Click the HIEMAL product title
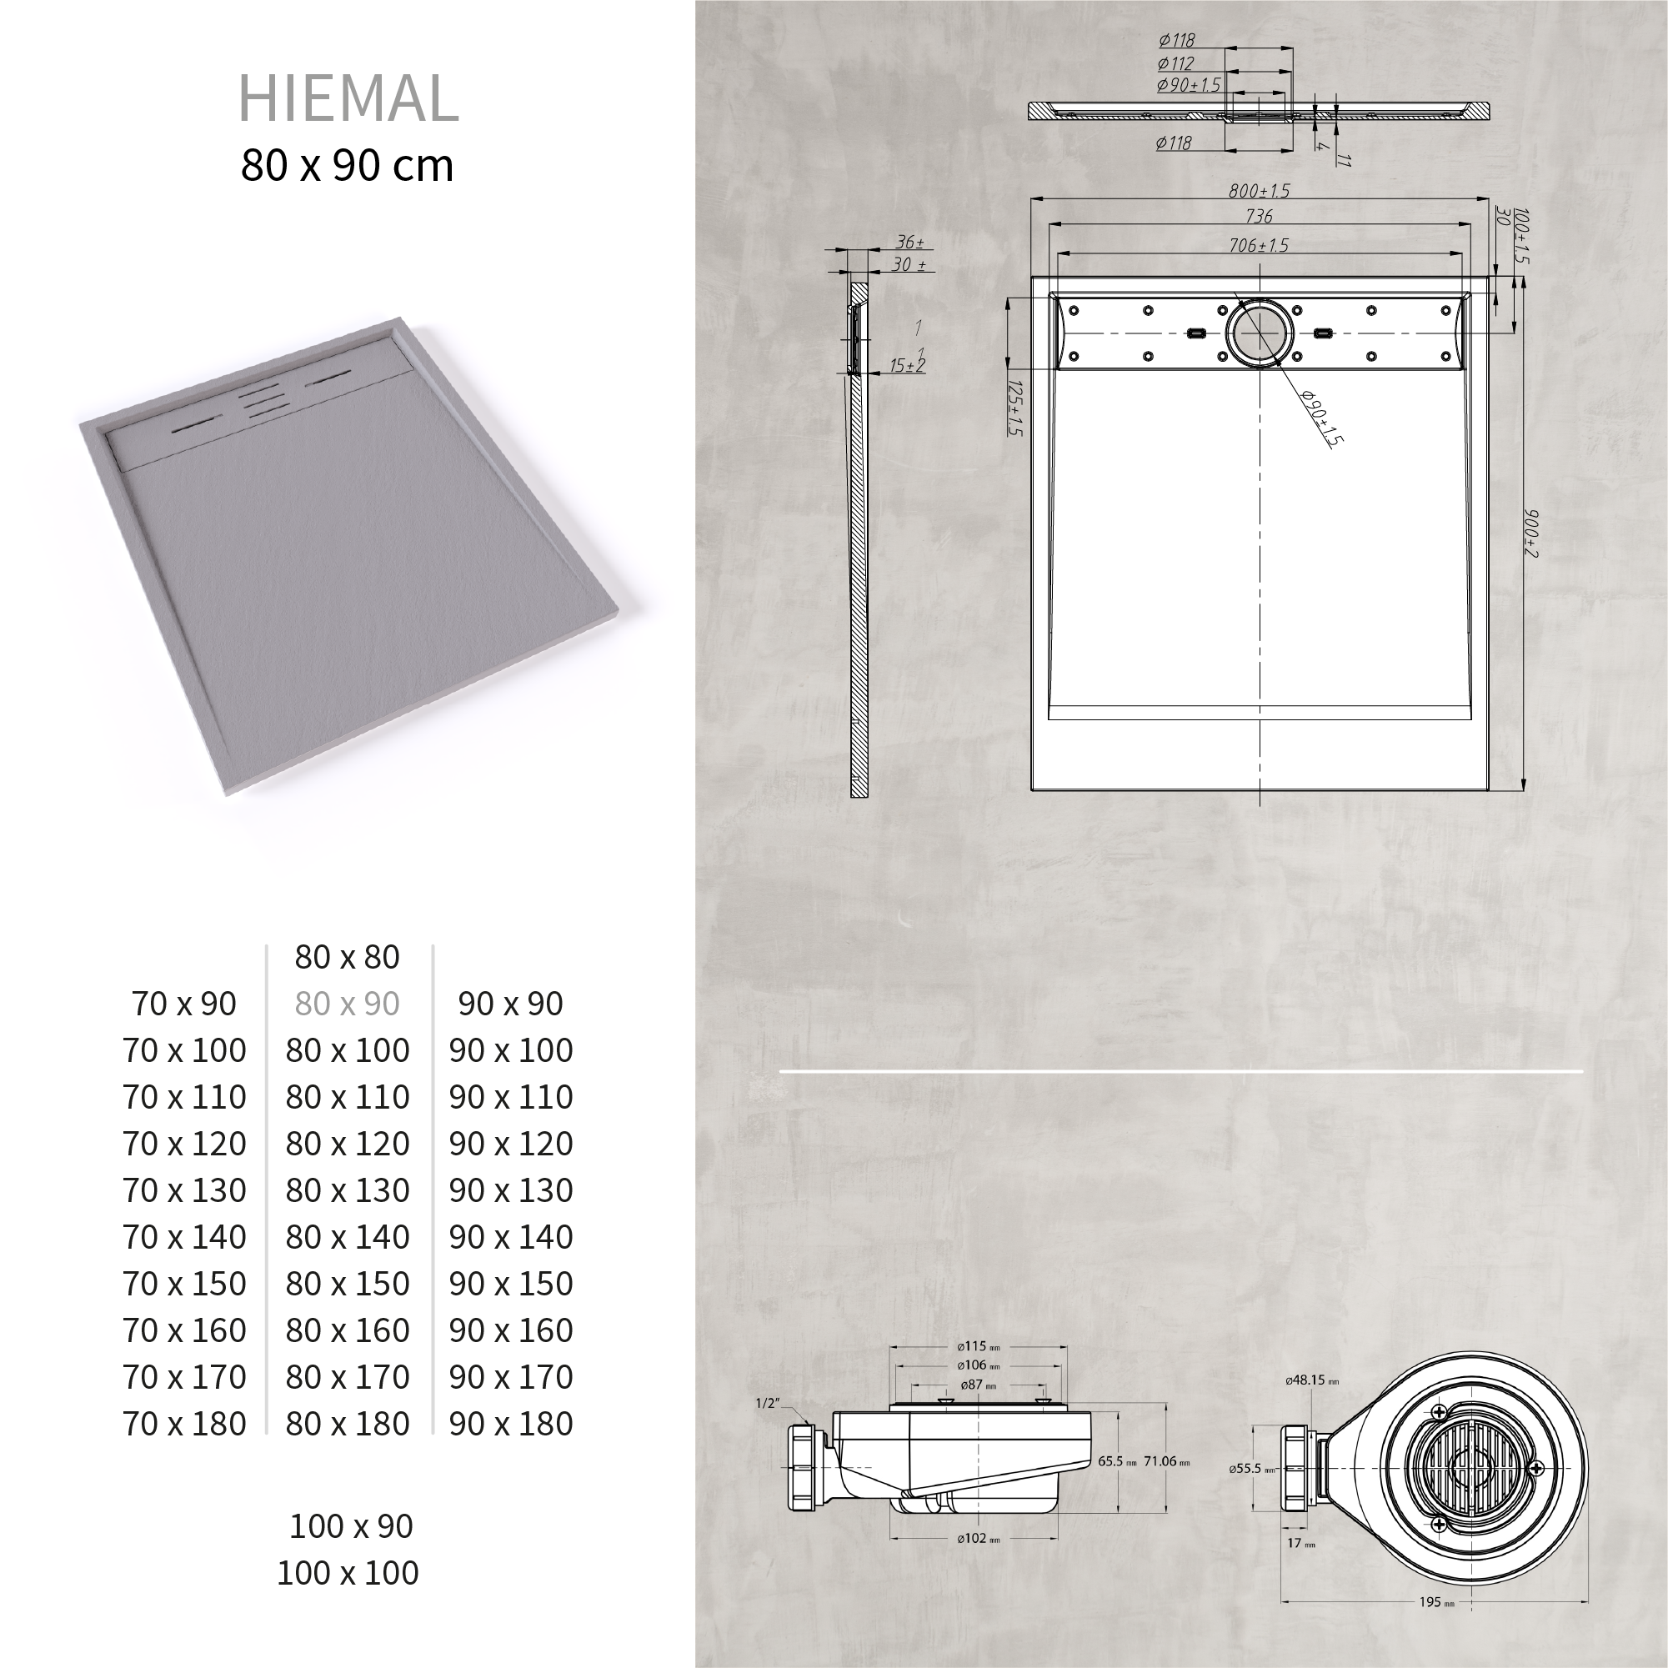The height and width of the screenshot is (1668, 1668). [348, 98]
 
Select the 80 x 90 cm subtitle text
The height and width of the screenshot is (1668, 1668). [347, 166]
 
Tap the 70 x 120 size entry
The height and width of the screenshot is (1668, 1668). [184, 1144]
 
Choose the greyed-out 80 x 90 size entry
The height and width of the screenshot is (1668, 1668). [347, 1004]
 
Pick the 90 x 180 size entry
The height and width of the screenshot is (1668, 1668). [510, 1424]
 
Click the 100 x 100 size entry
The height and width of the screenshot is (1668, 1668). [347, 1573]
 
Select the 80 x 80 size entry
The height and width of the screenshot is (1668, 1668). [347, 958]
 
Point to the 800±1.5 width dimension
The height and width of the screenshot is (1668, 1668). [1259, 192]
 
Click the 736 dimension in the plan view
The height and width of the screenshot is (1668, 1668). [1259, 217]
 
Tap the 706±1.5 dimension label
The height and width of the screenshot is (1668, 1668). [1259, 246]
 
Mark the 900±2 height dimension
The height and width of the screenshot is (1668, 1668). [1531, 533]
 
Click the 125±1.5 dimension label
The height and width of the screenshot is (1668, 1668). [1015, 408]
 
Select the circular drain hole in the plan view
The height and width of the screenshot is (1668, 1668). [1260, 333]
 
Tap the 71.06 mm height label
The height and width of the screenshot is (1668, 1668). [1165, 1461]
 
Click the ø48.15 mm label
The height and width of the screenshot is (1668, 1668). [1311, 1380]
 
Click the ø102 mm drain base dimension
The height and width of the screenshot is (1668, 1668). [977, 1563]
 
